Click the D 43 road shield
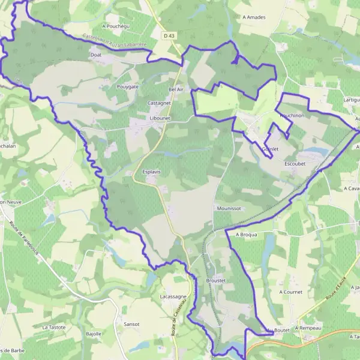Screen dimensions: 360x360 click(x=169, y=37)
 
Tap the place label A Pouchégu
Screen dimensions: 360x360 click(x=116, y=26)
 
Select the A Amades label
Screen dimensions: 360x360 click(x=254, y=17)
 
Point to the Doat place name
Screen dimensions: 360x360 click(x=96, y=55)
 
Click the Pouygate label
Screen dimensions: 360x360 click(x=127, y=86)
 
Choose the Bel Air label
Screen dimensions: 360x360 click(x=176, y=89)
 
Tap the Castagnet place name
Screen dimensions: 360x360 click(x=159, y=103)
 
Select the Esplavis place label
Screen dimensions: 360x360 click(x=151, y=172)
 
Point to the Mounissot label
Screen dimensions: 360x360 click(x=228, y=208)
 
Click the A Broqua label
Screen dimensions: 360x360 click(x=246, y=235)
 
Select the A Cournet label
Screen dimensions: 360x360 click(x=291, y=292)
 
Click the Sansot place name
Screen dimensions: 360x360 click(x=131, y=324)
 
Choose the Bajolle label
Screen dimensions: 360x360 click(x=94, y=334)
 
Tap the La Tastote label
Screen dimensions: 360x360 click(x=54, y=327)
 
